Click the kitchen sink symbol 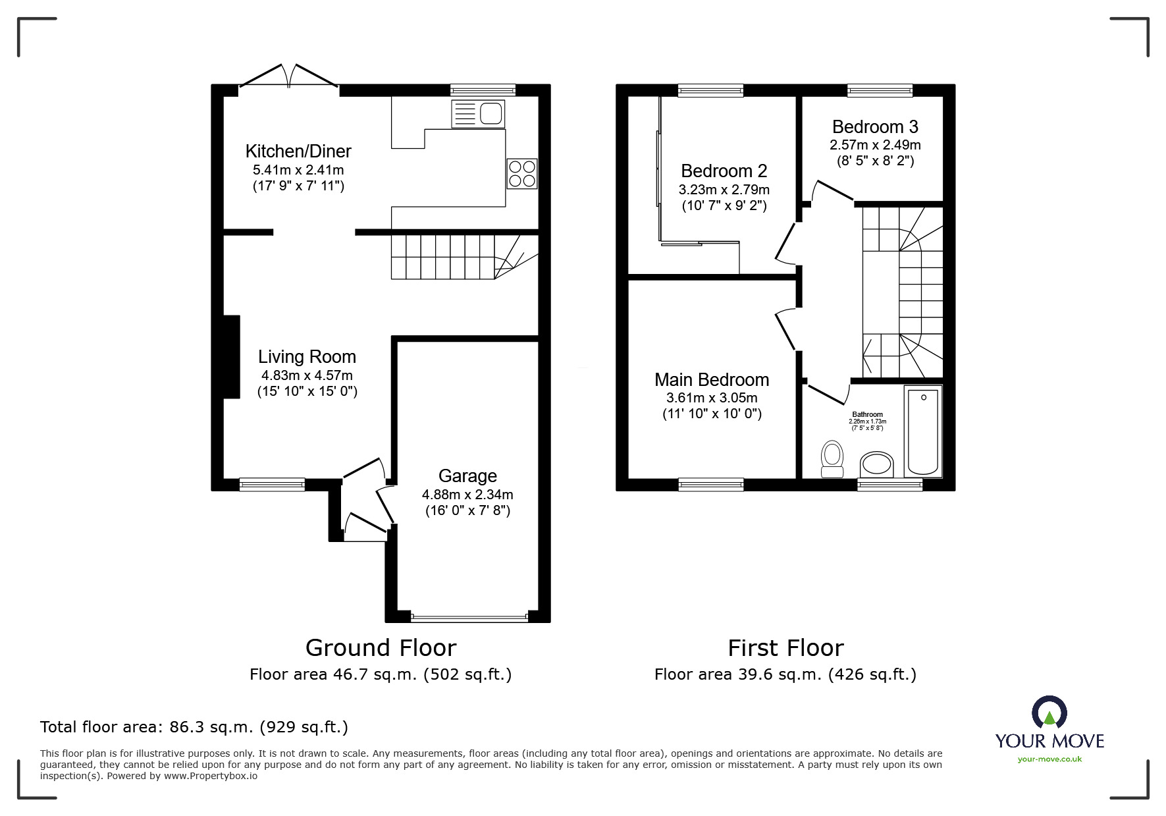pyautogui.click(x=477, y=114)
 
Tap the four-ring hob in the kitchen pyautogui.click(x=522, y=174)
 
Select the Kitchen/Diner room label pyautogui.click(x=298, y=151)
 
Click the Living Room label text pyautogui.click(x=307, y=357)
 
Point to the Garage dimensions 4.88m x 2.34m pyautogui.click(x=467, y=495)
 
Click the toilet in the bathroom pyautogui.click(x=833, y=459)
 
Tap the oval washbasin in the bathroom pyautogui.click(x=876, y=464)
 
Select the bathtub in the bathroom pyautogui.click(x=923, y=431)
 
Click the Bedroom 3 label pyautogui.click(x=875, y=126)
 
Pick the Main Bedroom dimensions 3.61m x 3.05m pyautogui.click(x=712, y=398)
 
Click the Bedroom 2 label pyautogui.click(x=724, y=171)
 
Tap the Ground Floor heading pyautogui.click(x=381, y=648)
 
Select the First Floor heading pyautogui.click(x=785, y=648)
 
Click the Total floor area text pyautogui.click(x=194, y=727)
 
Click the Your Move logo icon pyautogui.click(x=1049, y=714)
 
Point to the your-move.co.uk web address pyautogui.click(x=1049, y=759)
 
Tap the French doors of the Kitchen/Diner pyautogui.click(x=289, y=75)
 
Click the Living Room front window pyautogui.click(x=272, y=485)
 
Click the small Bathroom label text pyautogui.click(x=867, y=415)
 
